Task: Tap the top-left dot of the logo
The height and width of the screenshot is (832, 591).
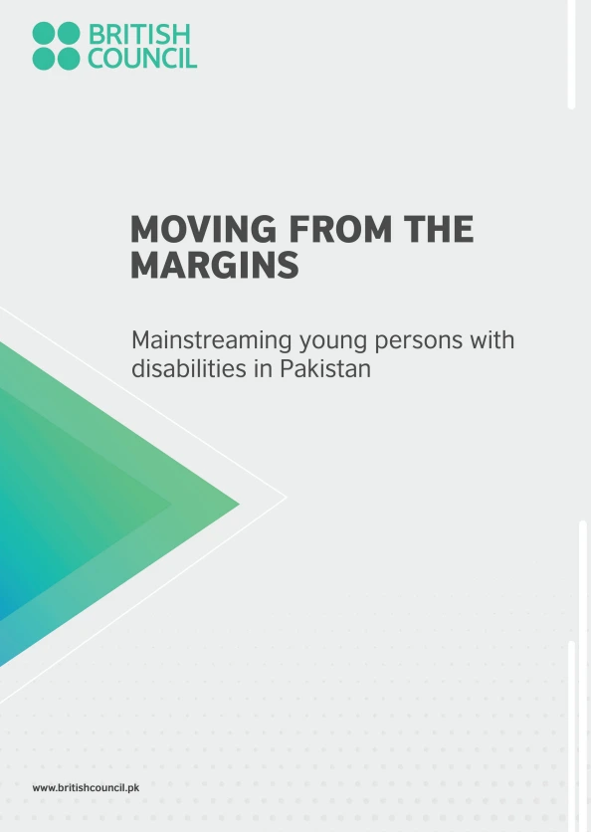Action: coord(44,34)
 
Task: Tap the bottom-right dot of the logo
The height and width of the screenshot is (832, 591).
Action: coord(68,59)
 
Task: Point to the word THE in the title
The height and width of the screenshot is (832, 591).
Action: coord(437,231)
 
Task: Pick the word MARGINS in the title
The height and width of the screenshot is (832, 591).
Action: coord(214,266)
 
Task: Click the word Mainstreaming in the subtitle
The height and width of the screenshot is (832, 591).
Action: coord(212,341)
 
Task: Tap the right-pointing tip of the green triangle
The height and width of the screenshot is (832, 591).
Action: coord(238,504)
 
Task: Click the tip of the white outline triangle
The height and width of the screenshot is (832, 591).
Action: coord(286,497)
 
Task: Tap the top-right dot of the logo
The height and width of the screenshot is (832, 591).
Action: coord(68,34)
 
